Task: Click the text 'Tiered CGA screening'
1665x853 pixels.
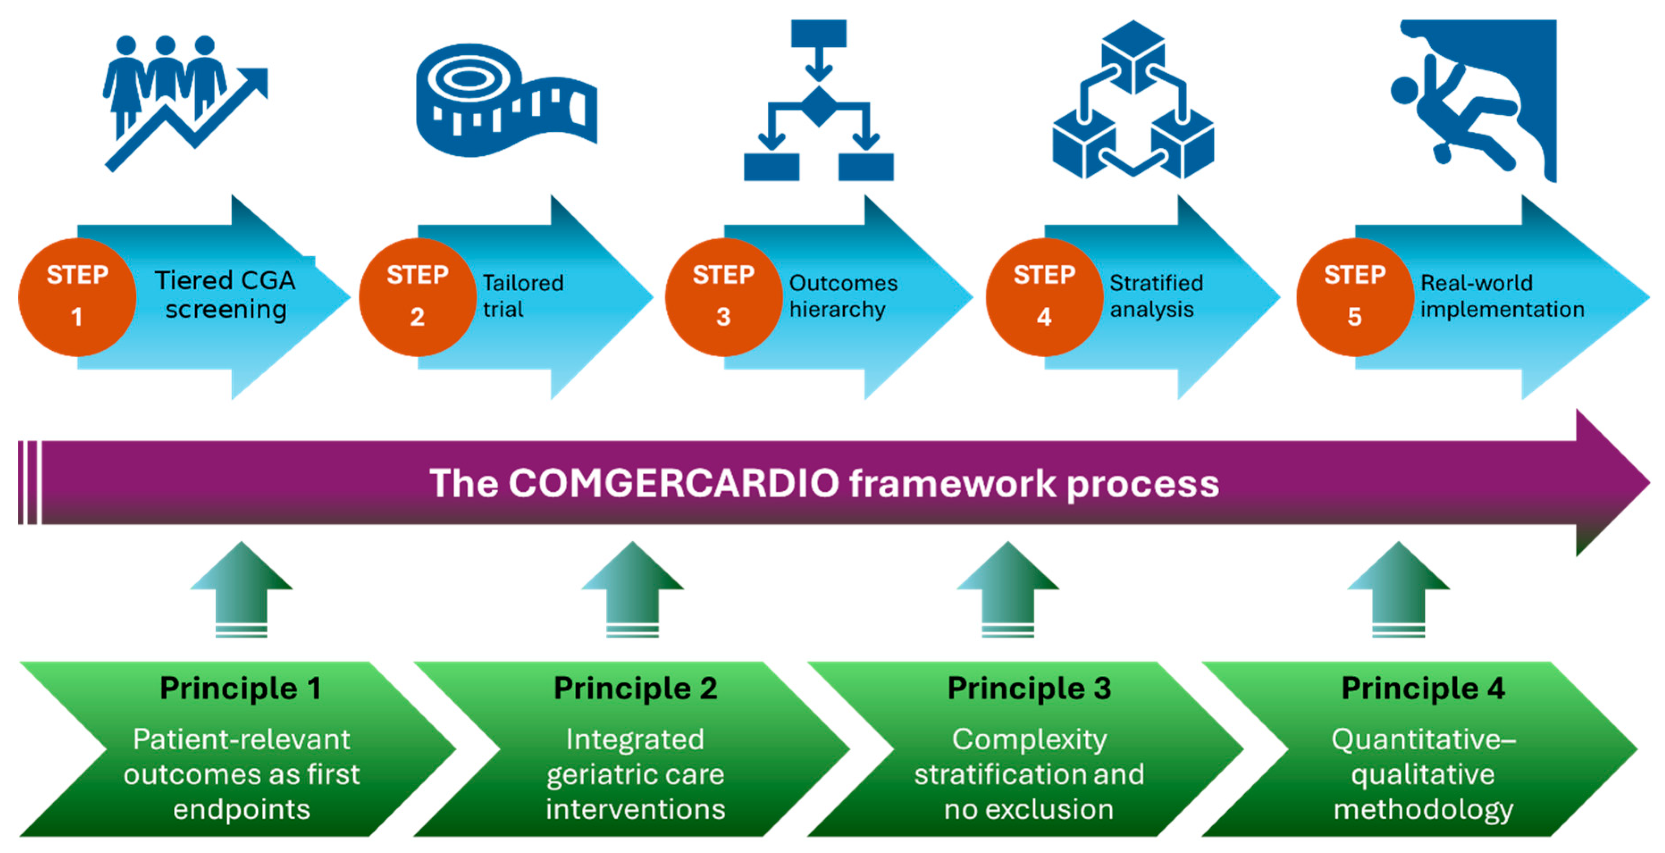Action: point(225,295)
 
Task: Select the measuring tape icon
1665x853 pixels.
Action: point(506,100)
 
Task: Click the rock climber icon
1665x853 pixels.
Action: point(1474,100)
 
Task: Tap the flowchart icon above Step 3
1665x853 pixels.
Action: point(819,100)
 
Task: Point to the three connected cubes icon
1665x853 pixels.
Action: point(1133,100)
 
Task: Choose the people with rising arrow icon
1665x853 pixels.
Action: point(185,104)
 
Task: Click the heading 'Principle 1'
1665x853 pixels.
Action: point(240,688)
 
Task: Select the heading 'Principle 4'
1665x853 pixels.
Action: point(1423,688)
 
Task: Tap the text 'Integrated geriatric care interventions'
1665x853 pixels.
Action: point(636,774)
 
